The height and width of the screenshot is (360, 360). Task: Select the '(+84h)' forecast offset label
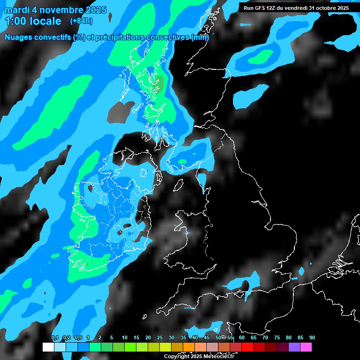pos(81,21)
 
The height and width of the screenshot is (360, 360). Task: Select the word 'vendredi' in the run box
pos(296,8)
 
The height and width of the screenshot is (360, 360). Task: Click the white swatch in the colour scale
pos(48,347)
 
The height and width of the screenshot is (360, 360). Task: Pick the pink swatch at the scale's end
pos(306,347)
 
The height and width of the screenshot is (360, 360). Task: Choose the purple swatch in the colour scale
pos(294,347)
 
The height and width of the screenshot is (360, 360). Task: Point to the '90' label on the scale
pos(312,338)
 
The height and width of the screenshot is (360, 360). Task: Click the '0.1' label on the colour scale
pos(55,338)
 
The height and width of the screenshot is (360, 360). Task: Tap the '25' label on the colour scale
pos(160,338)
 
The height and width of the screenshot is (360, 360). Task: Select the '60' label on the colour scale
pos(242,338)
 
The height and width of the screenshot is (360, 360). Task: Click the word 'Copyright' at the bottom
pos(177,357)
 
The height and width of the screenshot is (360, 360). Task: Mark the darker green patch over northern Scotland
pos(159,84)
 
